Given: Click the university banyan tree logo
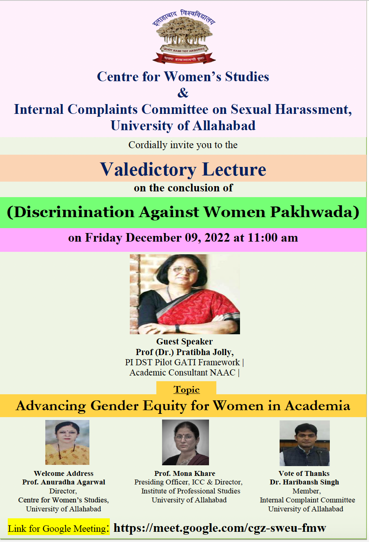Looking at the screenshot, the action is click(184, 37).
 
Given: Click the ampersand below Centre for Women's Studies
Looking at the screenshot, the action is click(183, 93).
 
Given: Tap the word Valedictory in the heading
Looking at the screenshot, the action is click(148, 169).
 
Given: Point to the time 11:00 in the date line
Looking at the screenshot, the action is click(262, 238).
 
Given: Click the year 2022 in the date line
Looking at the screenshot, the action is click(217, 238).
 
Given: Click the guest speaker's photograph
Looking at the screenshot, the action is click(185, 294).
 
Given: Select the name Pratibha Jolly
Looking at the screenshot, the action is click(205, 352).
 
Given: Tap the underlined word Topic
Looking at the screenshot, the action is click(187, 389).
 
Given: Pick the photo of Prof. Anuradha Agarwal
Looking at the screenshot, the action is click(67, 442).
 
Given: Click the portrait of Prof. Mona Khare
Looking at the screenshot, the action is click(185, 442).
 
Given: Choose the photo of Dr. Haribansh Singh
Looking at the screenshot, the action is click(305, 443).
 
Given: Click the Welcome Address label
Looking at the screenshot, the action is click(64, 473).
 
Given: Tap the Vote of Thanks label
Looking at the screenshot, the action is click(304, 473).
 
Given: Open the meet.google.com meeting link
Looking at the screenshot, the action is click(220, 528).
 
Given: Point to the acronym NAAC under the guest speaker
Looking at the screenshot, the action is click(222, 372).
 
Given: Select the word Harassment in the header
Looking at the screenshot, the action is click(313, 109).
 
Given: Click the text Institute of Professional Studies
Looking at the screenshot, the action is click(191, 491).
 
